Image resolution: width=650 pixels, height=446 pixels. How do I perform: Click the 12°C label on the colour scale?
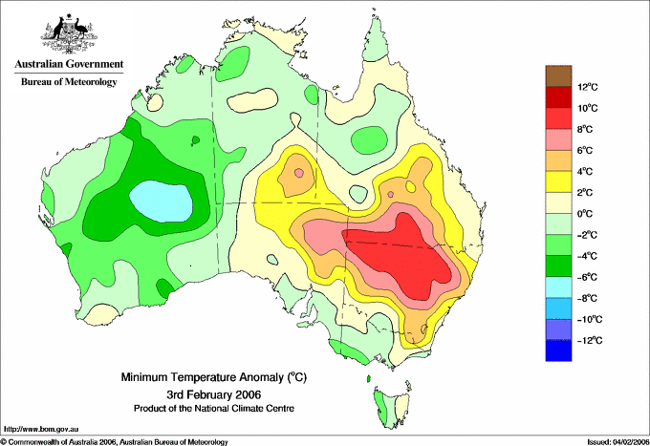coord(588,87)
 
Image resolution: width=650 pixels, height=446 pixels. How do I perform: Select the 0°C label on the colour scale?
coord(585,214)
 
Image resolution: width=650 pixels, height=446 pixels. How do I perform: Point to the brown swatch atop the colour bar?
coord(558,75)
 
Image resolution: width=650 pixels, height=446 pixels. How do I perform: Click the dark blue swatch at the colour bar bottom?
coord(558,350)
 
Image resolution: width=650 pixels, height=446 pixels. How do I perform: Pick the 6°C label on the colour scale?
coord(585,150)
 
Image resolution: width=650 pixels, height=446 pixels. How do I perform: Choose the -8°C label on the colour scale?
coord(588,298)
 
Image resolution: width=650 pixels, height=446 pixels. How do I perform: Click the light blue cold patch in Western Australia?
coord(162,201)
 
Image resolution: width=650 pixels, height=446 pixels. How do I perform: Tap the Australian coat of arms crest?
coord(69,33)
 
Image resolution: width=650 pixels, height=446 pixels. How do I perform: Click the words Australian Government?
coord(69,64)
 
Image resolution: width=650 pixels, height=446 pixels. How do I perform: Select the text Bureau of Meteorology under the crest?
coord(69,81)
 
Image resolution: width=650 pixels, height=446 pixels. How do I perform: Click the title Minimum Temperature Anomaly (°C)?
coord(214,377)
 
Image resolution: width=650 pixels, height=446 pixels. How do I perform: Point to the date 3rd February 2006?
coord(214,393)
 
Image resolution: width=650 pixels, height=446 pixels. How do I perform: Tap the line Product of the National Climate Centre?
coord(214,409)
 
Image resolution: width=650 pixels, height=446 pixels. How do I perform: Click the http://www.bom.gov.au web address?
coord(41,430)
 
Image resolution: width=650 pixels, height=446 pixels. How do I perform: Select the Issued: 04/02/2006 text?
coord(618,442)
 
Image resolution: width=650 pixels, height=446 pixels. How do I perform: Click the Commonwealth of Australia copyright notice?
coord(115,442)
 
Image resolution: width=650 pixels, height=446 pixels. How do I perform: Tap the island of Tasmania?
coord(391,407)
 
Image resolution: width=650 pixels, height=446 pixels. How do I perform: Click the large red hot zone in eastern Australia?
coord(399,256)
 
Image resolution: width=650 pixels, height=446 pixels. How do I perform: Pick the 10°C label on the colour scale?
coord(588,108)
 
